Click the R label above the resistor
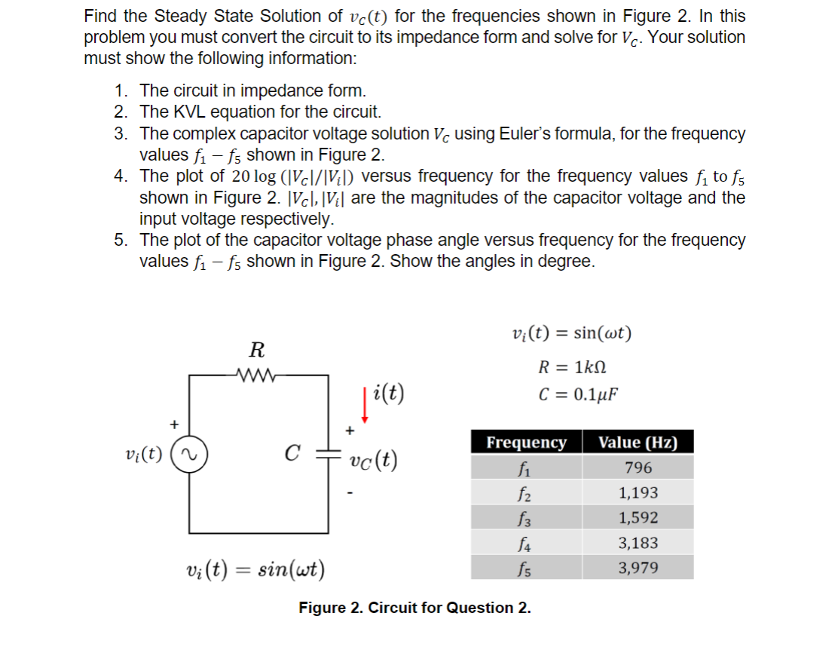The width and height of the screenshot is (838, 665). click(256, 350)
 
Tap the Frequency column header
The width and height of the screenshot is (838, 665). click(526, 443)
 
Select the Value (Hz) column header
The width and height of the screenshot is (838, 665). click(638, 443)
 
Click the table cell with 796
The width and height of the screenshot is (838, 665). click(638, 468)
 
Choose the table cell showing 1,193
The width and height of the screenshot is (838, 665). click(638, 493)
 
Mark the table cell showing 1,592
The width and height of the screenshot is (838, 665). click(638, 518)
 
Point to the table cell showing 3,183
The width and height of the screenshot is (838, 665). click(638, 543)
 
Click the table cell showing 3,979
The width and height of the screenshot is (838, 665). click(638, 568)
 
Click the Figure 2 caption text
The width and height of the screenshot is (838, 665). click(414, 608)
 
